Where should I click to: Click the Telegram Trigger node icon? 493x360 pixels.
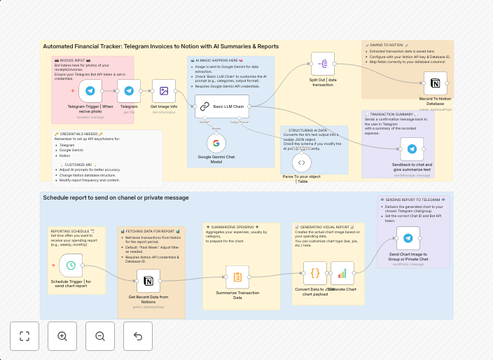click(90, 91)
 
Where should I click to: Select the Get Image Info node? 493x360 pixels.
click(164, 91)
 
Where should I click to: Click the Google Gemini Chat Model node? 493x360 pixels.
click(216, 144)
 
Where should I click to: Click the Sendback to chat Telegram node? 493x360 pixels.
click(412, 148)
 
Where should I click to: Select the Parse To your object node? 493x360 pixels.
click(301, 162)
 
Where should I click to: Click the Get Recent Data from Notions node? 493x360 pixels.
click(147, 282)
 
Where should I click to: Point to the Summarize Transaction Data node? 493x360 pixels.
click(237, 277)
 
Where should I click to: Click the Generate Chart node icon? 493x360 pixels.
click(342, 273)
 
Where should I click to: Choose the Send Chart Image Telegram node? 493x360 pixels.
click(408, 237)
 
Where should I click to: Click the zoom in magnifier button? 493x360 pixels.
click(62, 336)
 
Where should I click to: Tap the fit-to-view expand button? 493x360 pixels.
click(25, 336)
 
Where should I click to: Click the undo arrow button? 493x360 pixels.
click(138, 336)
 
